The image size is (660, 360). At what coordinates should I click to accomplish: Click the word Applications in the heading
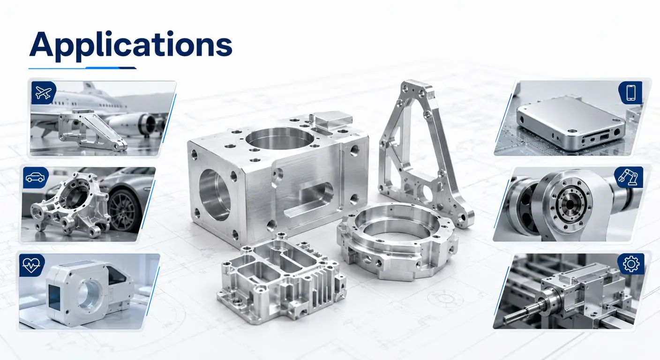pos(130,45)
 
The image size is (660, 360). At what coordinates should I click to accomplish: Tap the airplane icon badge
pos(43,93)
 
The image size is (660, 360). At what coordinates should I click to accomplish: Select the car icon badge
pos(36,178)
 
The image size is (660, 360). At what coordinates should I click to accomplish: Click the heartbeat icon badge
pos(32,265)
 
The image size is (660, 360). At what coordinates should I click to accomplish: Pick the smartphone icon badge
pos(630,93)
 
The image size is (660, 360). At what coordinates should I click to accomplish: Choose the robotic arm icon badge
pos(629,177)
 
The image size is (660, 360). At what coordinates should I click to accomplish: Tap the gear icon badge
pos(631,264)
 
